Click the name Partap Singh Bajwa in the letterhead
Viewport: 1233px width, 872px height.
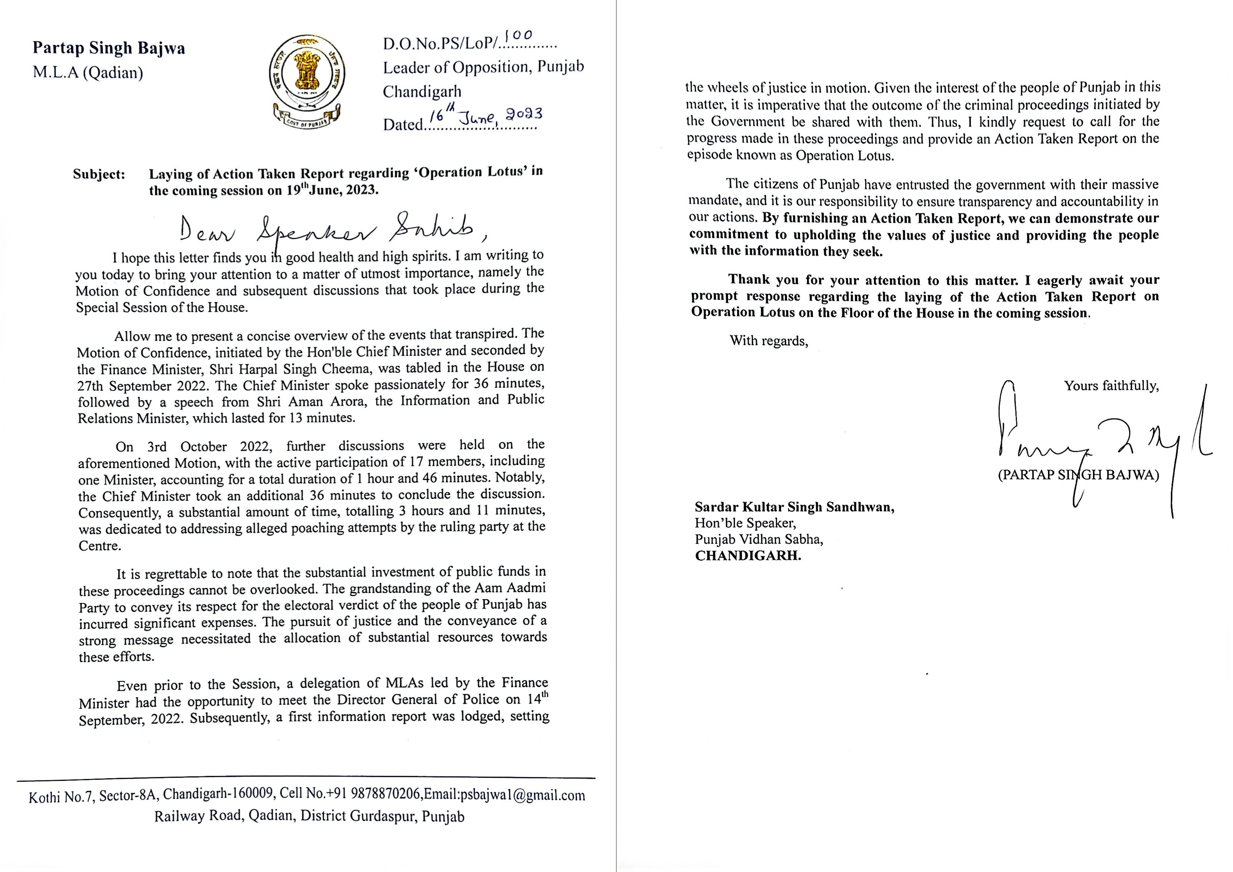point(109,48)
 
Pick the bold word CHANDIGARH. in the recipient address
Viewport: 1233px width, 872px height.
point(748,556)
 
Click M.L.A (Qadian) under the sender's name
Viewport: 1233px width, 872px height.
point(88,73)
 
